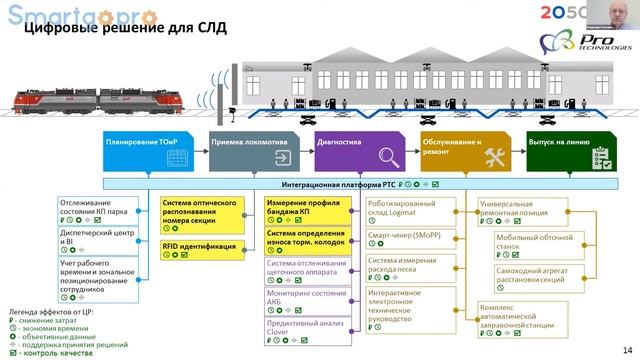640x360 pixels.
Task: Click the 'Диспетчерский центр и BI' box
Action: click(x=99, y=240)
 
